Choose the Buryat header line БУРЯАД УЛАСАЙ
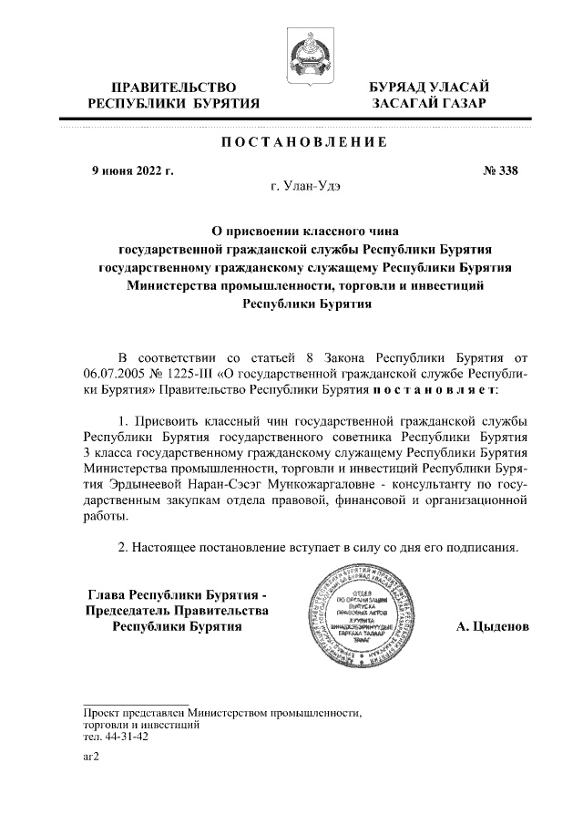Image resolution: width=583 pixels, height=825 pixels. pos(429,87)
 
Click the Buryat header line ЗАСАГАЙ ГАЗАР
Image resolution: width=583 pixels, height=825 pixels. pos(429,104)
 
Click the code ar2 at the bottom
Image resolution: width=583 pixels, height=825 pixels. pos(90,756)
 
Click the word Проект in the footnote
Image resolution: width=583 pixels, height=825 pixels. pos(101,713)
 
